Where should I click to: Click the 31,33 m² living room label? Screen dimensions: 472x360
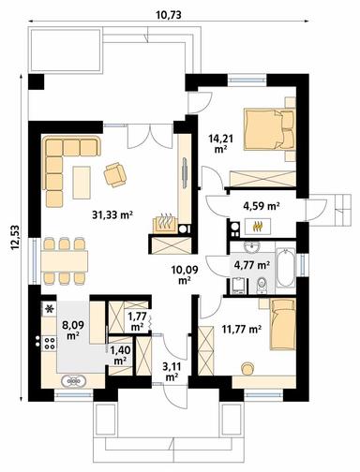click(112, 214)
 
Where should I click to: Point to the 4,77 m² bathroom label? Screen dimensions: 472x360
click(251, 265)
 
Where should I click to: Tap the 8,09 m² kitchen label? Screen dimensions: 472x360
click(70, 330)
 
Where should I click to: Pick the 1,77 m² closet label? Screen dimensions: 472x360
click(136, 320)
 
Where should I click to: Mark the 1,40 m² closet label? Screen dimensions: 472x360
click(121, 354)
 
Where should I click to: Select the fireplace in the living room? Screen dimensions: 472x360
click(165, 225)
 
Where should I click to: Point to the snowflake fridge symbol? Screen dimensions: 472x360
click(47, 308)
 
